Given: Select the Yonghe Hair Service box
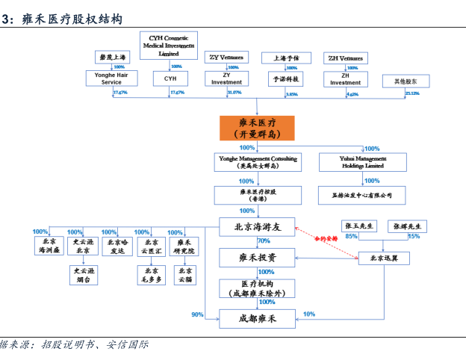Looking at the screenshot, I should tap(108, 78).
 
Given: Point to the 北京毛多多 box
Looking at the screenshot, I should tap(152, 275).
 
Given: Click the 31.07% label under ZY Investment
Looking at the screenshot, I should tap(233, 93).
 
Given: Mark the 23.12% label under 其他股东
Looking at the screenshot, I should tap(412, 93).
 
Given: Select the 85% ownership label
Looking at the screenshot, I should tap(351, 237).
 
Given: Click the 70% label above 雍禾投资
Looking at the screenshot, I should tap(263, 241).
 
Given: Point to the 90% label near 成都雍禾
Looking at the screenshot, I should tap(197, 314).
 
